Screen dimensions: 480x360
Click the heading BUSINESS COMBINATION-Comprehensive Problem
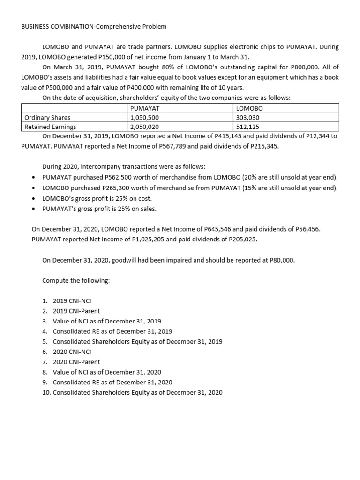tap(94, 27)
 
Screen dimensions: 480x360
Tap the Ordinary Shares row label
tap(47, 118)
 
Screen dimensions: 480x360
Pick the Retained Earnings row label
tap(50, 127)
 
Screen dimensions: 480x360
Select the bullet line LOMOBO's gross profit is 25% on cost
tap(97, 198)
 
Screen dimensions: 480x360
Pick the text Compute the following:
tap(76, 280)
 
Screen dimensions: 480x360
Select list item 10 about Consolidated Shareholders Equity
tap(132, 392)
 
